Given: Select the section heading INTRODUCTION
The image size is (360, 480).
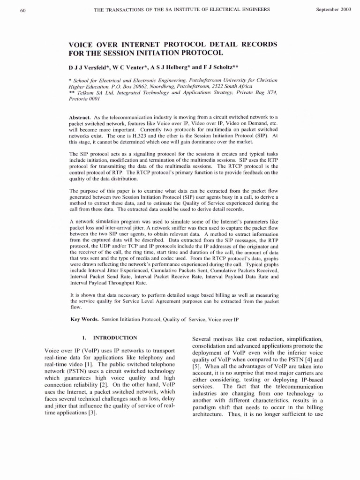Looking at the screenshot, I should (115, 337).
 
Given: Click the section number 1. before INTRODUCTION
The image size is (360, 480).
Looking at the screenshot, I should (85, 337).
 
